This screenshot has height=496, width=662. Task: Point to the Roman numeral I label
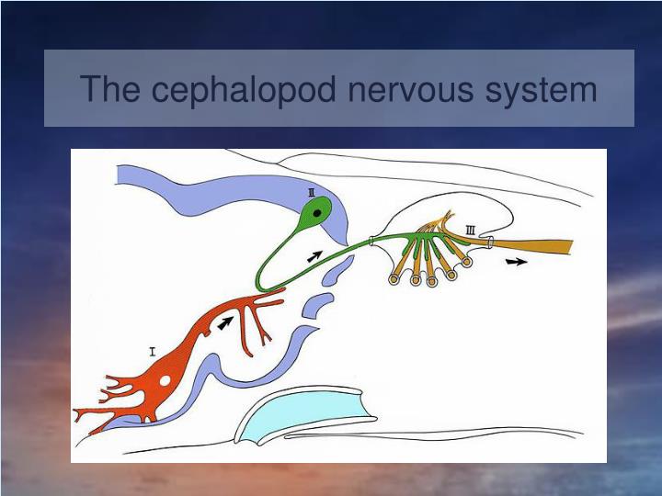coord(152,349)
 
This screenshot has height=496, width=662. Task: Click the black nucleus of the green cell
coord(317,214)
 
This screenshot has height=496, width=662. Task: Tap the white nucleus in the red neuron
coord(165,379)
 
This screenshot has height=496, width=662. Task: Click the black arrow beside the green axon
coord(315,256)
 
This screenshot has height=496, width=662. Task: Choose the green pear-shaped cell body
coord(315,217)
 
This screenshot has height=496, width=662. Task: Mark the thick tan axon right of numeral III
coord(533,245)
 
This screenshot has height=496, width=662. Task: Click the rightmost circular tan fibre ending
coord(466,262)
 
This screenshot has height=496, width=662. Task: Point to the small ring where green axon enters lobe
coord(370,242)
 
